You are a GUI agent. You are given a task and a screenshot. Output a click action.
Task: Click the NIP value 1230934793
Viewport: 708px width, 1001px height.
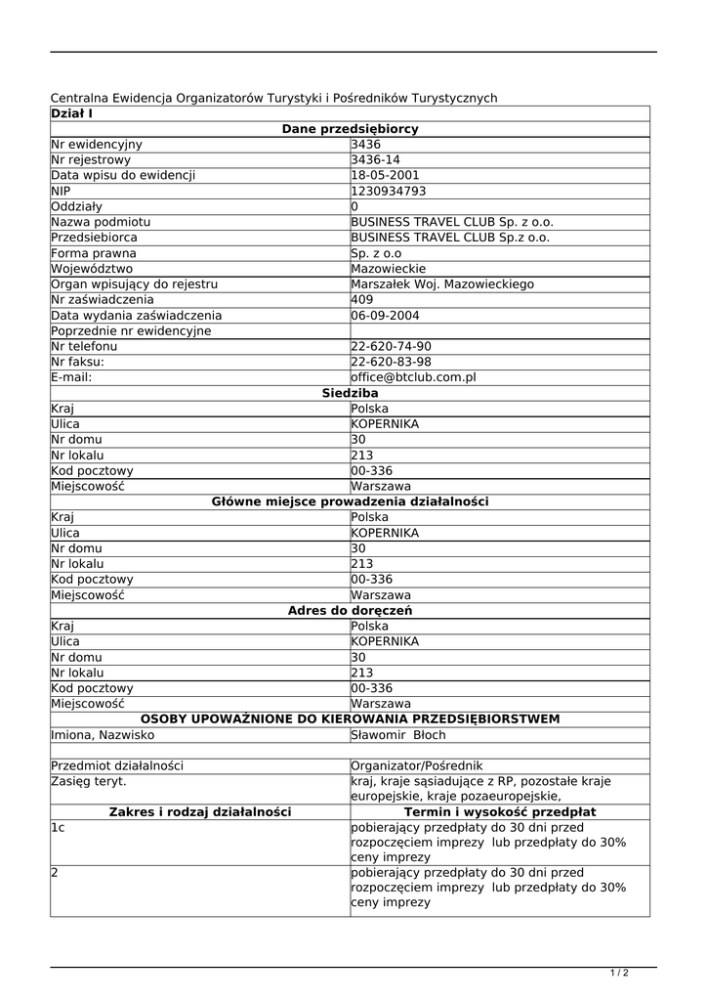click(388, 192)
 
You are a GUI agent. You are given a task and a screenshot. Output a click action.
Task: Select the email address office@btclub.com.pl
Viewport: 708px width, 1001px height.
click(413, 377)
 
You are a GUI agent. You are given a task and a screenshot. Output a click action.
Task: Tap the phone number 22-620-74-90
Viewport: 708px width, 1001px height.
click(391, 346)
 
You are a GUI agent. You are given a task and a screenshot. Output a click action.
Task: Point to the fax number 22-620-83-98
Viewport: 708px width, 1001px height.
click(391, 362)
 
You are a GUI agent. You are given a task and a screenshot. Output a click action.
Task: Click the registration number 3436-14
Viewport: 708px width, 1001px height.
click(375, 160)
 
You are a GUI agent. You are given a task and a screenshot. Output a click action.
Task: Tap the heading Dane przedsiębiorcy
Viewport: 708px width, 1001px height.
click(350, 129)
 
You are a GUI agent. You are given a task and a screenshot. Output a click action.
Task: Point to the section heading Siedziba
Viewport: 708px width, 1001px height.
click(350, 393)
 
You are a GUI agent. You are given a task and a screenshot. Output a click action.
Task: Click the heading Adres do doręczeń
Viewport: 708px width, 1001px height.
click(350, 611)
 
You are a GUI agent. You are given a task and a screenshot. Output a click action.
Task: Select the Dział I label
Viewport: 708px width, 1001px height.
click(71, 113)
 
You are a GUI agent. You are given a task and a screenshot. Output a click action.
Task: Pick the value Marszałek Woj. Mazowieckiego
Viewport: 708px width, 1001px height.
click(442, 284)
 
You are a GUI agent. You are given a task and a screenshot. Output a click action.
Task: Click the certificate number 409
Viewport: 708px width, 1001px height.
click(362, 300)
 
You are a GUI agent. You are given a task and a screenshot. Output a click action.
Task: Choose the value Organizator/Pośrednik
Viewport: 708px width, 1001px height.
click(416, 765)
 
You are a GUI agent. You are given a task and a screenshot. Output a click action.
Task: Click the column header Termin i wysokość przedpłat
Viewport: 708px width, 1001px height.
click(500, 812)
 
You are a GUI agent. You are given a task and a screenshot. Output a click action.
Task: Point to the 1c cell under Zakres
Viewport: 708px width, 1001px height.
click(59, 828)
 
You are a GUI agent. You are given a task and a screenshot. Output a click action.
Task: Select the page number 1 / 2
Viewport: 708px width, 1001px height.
click(619, 973)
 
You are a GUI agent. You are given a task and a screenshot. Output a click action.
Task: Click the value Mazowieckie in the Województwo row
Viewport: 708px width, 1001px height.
click(388, 269)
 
